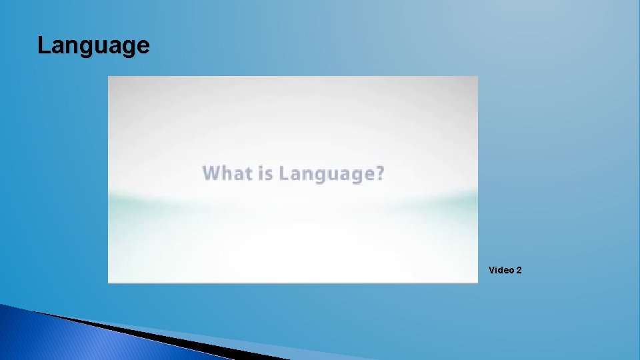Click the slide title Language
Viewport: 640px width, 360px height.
pos(93,46)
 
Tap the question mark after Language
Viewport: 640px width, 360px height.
pos(380,173)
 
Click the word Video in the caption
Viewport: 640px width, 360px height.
pos(501,270)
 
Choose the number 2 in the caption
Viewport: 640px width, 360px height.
pos(519,270)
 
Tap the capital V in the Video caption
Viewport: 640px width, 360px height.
pos(492,270)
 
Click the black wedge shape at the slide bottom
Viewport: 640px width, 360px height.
pos(167,337)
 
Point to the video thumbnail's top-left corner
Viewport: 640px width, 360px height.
pos(109,77)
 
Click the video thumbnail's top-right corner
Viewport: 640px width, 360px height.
pos(477,77)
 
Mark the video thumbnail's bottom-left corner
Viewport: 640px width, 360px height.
pos(109,282)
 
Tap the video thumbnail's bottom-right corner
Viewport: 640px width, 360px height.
pos(477,282)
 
